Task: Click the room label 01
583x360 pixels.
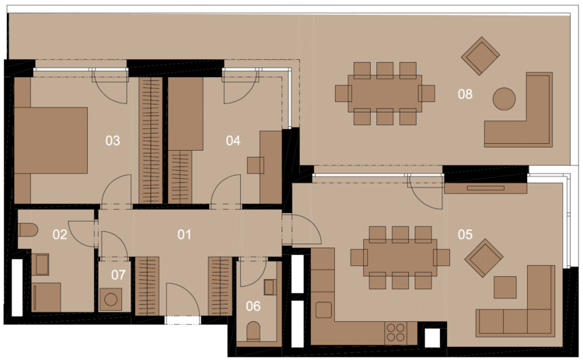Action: [184, 235]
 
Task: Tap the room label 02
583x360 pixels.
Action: [60, 235]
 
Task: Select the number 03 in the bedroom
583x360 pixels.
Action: [113, 141]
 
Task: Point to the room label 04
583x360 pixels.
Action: [233, 141]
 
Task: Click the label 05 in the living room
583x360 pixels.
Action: [465, 234]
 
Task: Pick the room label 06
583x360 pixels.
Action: [253, 306]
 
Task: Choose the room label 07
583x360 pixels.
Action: [118, 274]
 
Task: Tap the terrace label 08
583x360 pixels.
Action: [465, 94]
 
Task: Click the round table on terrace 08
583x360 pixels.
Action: [504, 99]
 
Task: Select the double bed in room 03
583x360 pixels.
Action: [51, 141]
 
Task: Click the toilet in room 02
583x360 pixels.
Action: [28, 230]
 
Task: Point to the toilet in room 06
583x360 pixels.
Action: [254, 331]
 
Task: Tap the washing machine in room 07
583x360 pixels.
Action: [111, 299]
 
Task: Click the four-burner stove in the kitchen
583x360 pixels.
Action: [396, 333]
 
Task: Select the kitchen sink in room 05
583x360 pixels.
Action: [323, 309]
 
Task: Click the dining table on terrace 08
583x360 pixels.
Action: [385, 93]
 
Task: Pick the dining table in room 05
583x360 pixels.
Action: [400, 257]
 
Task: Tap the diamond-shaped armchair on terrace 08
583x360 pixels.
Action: [480, 56]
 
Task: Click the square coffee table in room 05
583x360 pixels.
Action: [505, 287]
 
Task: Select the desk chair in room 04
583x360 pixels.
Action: [256, 166]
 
